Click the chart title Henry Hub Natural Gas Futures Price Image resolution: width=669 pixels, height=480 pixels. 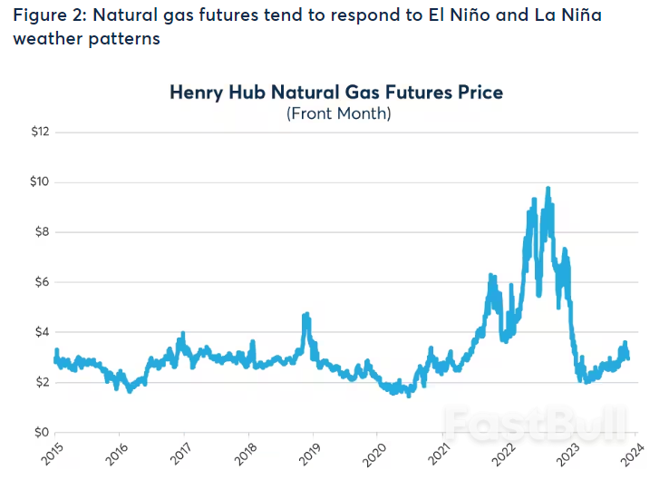point(336,93)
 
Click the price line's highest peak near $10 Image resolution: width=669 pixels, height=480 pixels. point(548,189)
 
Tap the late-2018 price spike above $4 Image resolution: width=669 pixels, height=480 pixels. point(306,316)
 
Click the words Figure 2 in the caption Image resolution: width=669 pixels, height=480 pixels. point(45,16)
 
